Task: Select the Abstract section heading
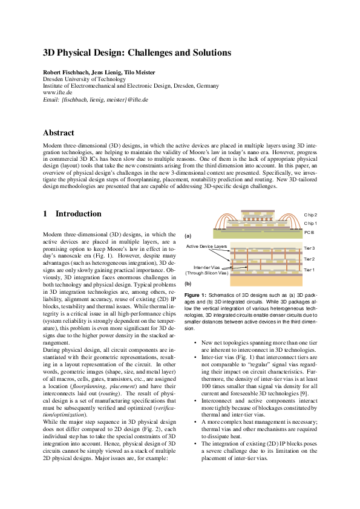tap(58, 132)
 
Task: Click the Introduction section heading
tap(79, 213)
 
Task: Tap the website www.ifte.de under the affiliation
tap(56, 92)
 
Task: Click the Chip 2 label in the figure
tap(310, 215)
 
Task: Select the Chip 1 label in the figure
tap(310, 223)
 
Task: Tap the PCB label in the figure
tap(309, 232)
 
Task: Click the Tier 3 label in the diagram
tap(309, 248)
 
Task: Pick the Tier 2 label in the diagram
tap(309, 259)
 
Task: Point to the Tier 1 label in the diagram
tap(309, 270)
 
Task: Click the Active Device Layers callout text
tap(206, 247)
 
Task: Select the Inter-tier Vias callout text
tap(206, 267)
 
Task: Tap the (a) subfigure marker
tap(188, 236)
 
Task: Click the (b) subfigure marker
tap(188, 283)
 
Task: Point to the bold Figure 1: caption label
tap(196, 295)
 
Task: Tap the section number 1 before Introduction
tap(45, 213)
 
